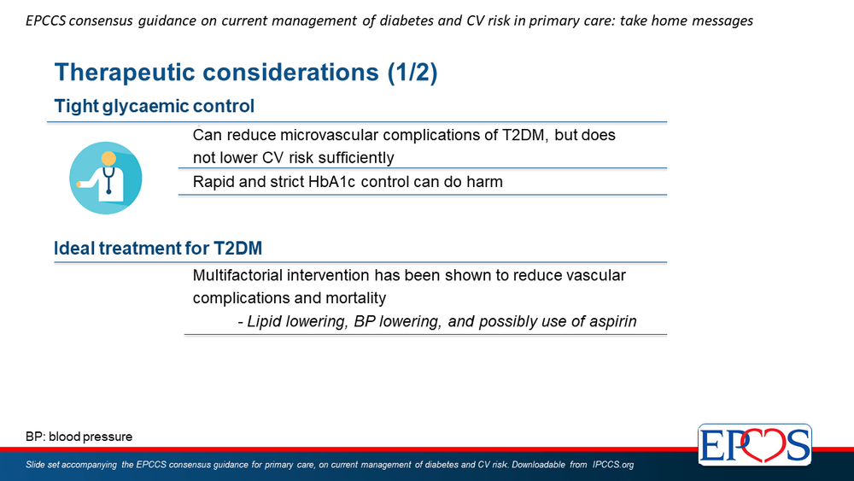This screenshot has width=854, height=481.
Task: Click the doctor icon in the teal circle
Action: click(x=106, y=178)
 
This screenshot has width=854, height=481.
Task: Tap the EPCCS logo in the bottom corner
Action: click(x=754, y=444)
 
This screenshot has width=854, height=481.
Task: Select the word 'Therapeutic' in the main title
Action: click(x=125, y=73)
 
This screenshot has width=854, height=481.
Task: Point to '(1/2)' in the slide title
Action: click(x=412, y=73)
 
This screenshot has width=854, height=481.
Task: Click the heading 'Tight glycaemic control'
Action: click(x=154, y=106)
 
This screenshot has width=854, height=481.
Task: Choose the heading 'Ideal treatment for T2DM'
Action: click(x=158, y=248)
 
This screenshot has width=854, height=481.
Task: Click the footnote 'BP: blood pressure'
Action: click(x=79, y=437)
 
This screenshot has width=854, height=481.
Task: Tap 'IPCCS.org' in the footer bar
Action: click(x=613, y=465)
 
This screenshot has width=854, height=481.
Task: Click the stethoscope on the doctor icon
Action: click(x=108, y=179)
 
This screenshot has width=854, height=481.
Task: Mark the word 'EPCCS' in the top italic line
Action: click(x=46, y=21)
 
